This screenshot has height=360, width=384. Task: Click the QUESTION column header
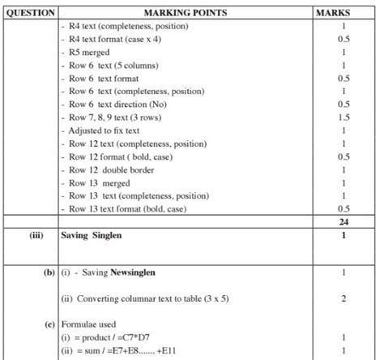coord(29,13)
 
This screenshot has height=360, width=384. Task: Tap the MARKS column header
coord(343,13)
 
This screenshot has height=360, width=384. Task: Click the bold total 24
coord(343,221)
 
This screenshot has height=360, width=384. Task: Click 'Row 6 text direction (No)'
coord(126,105)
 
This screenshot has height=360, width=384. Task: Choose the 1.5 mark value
coord(343,118)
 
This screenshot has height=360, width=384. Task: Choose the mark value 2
coord(343,298)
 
